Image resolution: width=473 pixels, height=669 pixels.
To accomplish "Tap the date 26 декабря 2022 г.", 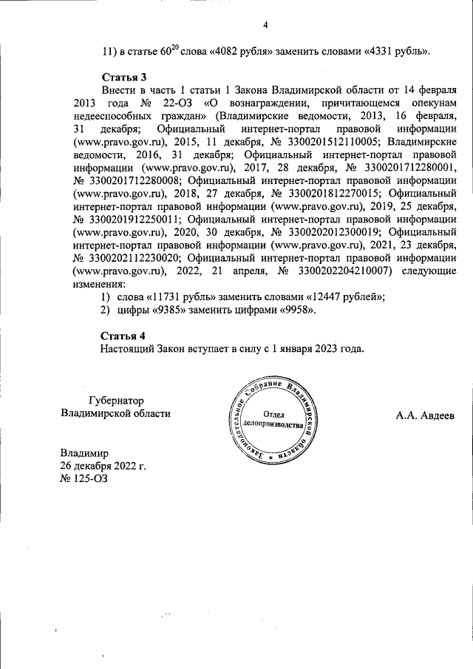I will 103,466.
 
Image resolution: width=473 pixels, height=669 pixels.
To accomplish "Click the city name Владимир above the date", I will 84,452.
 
